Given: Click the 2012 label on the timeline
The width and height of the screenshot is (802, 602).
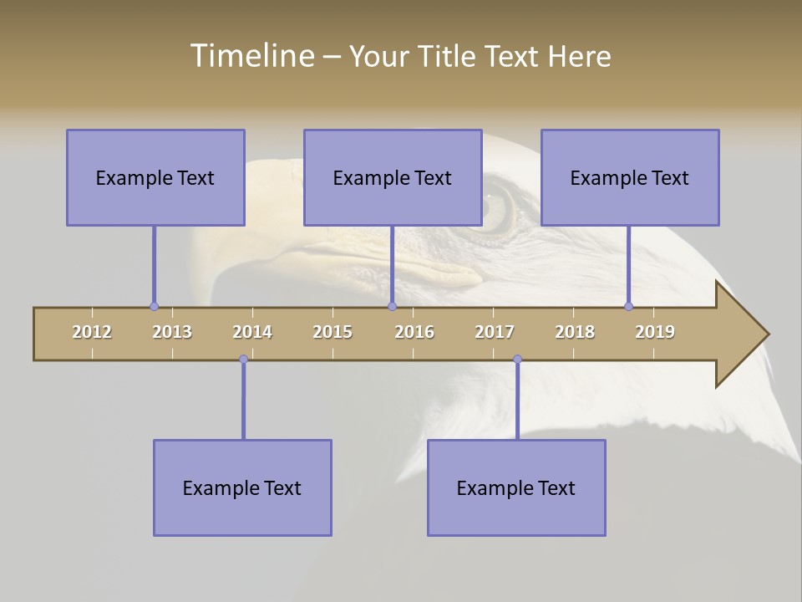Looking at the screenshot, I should (92, 332).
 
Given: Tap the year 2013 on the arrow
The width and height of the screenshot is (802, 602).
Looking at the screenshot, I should (172, 332).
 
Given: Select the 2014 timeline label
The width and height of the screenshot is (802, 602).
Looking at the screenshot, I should (252, 332).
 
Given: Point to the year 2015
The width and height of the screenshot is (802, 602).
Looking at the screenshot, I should (332, 332).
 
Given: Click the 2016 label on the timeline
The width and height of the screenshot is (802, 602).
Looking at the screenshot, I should (414, 332).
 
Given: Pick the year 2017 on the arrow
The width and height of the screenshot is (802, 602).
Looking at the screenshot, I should (495, 332).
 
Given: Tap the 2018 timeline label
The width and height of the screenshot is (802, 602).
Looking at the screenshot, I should (575, 332).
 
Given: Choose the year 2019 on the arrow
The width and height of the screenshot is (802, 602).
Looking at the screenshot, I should (655, 332).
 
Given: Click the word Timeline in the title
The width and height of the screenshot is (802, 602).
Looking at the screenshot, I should (251, 56).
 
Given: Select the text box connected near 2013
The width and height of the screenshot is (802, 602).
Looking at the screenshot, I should (155, 177).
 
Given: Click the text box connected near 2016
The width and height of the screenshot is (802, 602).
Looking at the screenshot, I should (393, 177).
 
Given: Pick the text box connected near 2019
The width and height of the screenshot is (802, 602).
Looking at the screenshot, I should (630, 177).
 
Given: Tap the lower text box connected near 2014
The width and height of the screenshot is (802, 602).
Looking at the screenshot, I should (242, 487).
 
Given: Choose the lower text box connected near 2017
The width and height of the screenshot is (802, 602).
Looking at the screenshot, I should (516, 487).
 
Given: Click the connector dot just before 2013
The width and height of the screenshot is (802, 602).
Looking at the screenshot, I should (154, 307).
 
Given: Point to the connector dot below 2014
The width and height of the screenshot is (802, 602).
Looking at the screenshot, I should (243, 360).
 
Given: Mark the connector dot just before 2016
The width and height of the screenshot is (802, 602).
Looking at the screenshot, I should (392, 307).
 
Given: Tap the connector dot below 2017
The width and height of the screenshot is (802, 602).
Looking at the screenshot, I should (517, 360).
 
